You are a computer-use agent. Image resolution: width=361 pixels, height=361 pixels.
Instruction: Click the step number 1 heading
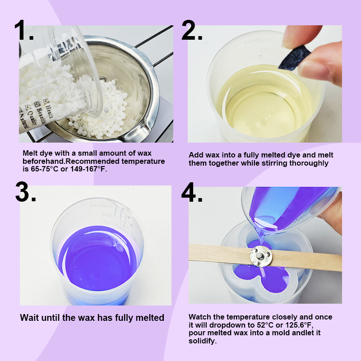pos(23,31)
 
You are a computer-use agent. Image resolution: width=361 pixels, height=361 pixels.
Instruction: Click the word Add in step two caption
pos(196,155)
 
